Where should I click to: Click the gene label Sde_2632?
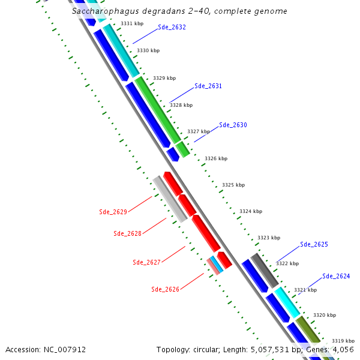(x=172, y=27)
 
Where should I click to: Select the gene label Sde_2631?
(x=208, y=86)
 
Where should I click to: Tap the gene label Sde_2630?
(x=233, y=125)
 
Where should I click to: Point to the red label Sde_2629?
(x=113, y=212)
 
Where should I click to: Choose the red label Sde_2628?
(x=128, y=233)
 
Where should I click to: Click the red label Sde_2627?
(x=146, y=262)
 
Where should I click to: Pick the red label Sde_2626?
(x=165, y=289)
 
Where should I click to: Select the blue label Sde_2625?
(x=314, y=244)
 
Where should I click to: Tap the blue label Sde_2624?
(x=336, y=276)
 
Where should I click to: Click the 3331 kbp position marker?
(x=131, y=23)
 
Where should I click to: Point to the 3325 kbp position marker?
(x=233, y=185)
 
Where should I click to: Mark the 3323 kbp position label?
(x=269, y=238)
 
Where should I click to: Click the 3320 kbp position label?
(x=324, y=315)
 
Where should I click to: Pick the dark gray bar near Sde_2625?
(x=264, y=270)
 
